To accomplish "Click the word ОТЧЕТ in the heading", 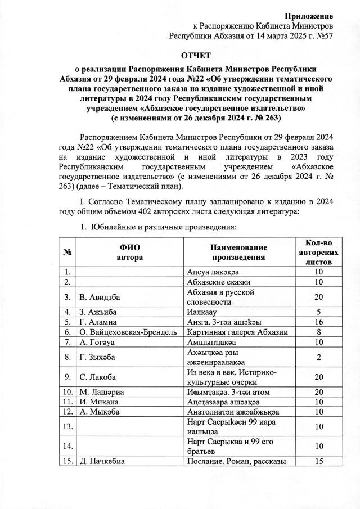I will tap(195, 55).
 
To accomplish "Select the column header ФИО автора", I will tap(129, 252).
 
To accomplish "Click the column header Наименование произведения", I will tap(238, 252).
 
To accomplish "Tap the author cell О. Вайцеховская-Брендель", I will tap(123, 332).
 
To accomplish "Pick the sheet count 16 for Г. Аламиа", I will tap(319, 322).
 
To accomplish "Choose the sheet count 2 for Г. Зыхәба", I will tap(319, 357).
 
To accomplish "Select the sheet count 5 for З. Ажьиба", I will tap(319, 312).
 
